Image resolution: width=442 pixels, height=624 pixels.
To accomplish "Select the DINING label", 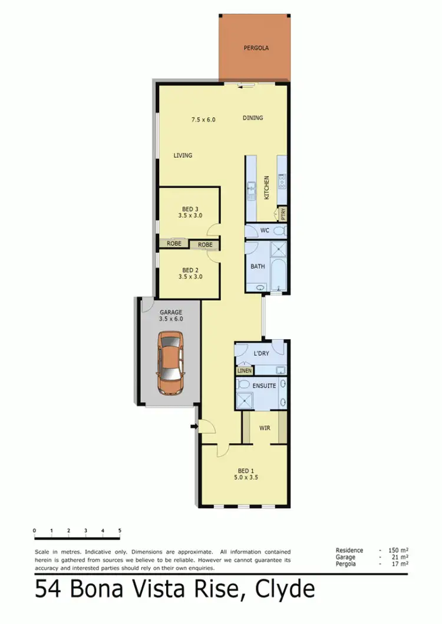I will tap(253, 118).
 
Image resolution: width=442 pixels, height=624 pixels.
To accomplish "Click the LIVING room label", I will tap(183, 156).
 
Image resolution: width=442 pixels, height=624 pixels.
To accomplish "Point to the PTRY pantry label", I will tap(283, 213).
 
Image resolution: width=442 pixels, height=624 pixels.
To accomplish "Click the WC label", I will tap(265, 231).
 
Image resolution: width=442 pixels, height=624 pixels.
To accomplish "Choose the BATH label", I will tap(258, 267).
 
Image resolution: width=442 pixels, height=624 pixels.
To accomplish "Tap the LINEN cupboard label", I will tap(244, 371).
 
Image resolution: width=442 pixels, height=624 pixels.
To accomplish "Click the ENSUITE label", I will tap(264, 386).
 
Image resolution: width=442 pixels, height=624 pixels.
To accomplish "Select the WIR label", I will tap(265, 428).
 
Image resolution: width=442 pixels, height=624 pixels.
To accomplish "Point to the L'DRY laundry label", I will tap(261, 353).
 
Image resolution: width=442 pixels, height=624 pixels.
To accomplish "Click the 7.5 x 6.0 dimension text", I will tap(203, 120).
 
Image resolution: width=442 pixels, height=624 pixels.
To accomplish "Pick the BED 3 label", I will tap(190, 209).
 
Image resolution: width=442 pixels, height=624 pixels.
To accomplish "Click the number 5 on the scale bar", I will tap(120, 531).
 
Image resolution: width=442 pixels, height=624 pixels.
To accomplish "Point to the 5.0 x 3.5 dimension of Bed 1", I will tap(245, 479).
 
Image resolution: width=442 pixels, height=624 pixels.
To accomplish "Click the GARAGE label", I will tap(171, 312).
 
